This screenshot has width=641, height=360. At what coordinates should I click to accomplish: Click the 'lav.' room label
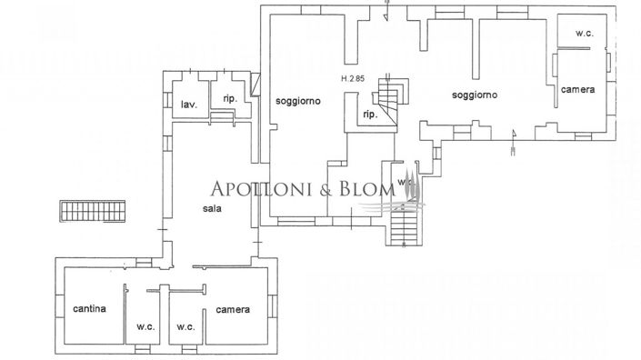[x=189, y=104]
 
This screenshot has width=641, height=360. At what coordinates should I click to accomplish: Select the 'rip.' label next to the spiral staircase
[x=369, y=115]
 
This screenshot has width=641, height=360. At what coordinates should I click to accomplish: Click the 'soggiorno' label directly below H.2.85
[x=297, y=102]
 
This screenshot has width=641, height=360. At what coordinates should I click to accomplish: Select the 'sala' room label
[x=213, y=207]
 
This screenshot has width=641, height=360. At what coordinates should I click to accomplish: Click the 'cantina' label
[x=90, y=308]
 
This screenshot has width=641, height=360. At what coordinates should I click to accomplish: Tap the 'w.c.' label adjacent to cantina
[x=143, y=326]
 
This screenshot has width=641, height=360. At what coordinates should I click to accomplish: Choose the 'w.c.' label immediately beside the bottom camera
[x=186, y=326]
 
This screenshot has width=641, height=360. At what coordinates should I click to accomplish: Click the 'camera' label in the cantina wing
[x=233, y=309]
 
